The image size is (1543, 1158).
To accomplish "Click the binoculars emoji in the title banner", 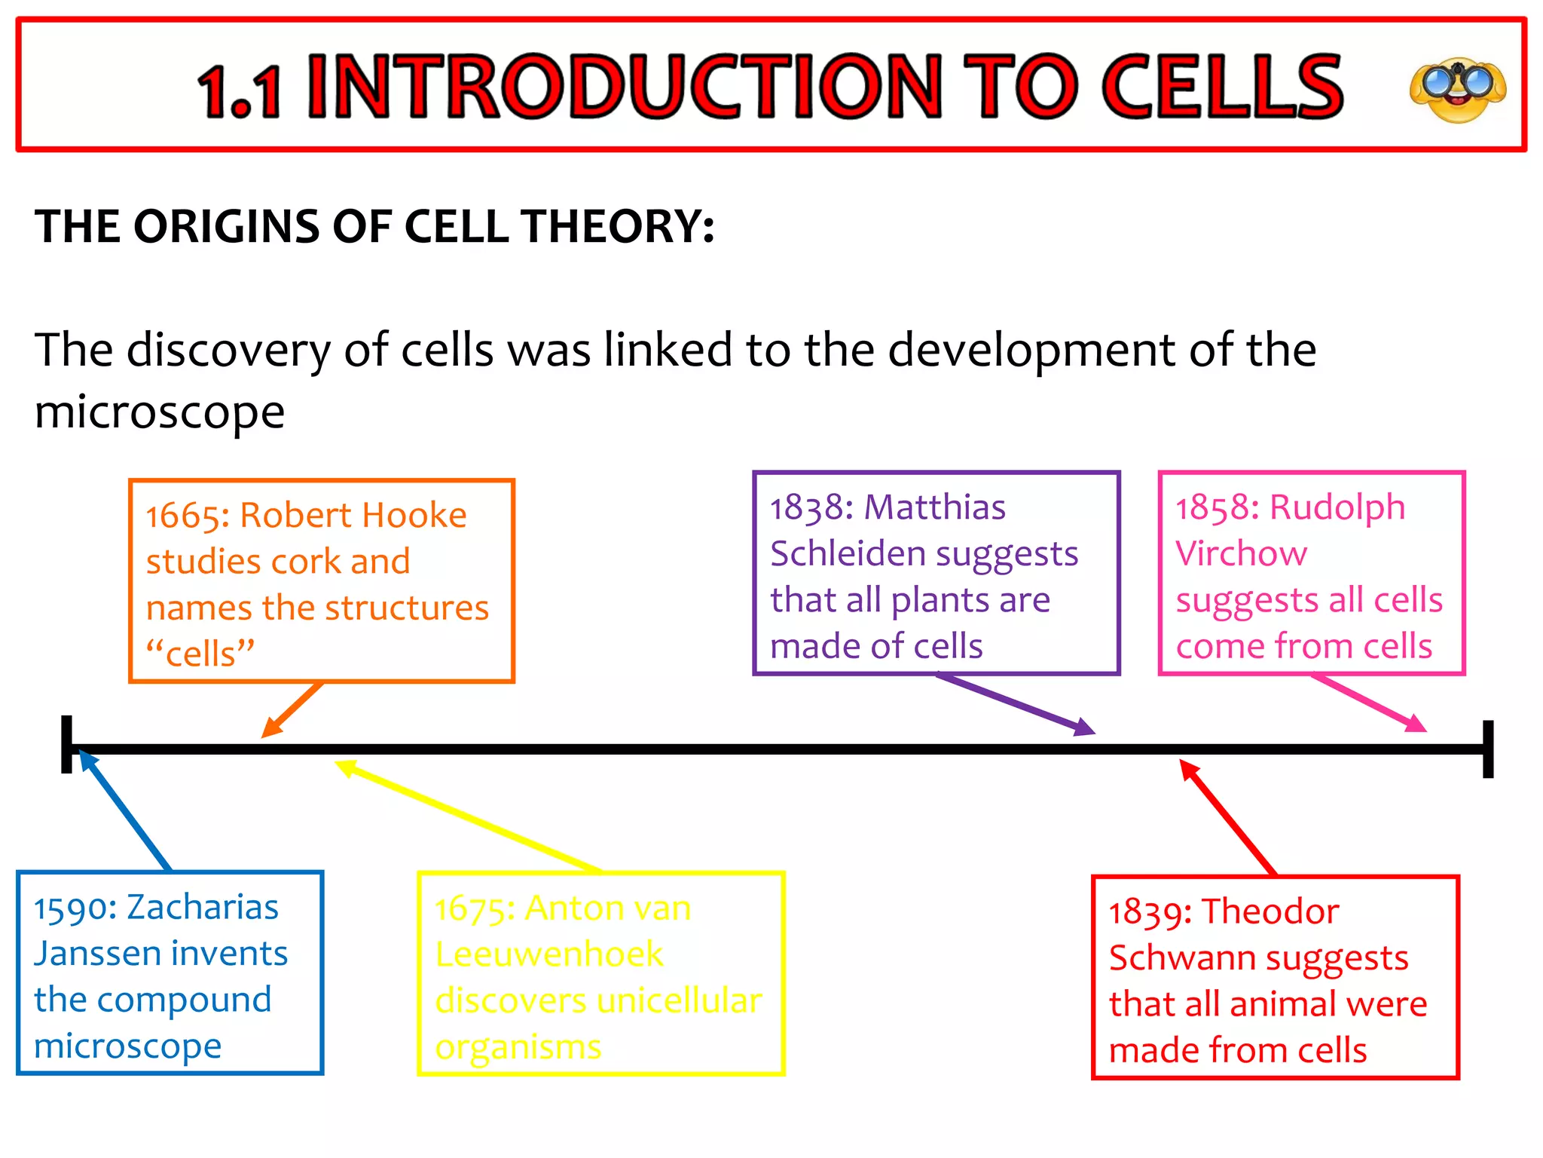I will click(x=1458, y=89).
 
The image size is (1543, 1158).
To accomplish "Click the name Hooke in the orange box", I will click(x=416, y=516).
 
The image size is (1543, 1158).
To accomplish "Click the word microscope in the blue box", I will click(x=127, y=1046).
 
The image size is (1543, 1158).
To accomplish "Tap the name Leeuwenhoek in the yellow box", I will click(x=549, y=955).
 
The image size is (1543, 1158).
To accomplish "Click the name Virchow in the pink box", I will click(x=1241, y=554).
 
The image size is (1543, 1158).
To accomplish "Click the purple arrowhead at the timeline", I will click(x=1085, y=728).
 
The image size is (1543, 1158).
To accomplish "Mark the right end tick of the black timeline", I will click(x=1487, y=749).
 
